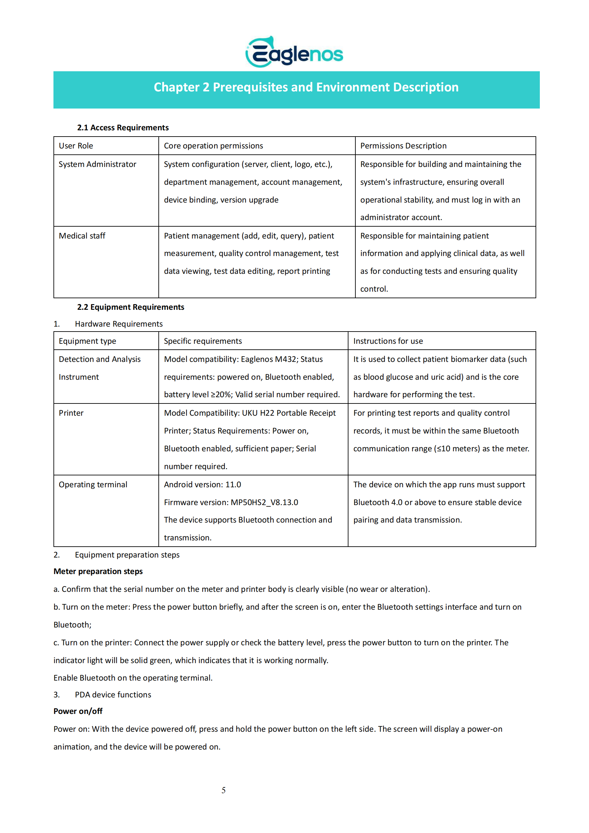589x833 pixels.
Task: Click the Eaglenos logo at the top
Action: coord(294,52)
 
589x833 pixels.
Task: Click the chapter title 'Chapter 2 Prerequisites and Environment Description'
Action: coord(306,87)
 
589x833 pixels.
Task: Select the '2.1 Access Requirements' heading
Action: coord(123,128)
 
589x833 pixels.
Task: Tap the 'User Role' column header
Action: coord(76,146)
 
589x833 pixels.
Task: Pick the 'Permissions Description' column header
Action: coord(403,146)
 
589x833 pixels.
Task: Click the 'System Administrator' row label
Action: coord(97,164)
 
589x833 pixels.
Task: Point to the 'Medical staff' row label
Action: coord(82,236)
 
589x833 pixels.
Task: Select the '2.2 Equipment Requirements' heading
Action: coord(131,307)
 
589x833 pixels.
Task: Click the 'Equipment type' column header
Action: coord(87,341)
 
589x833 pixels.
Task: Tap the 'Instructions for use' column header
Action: coord(388,341)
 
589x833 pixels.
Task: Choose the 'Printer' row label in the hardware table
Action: coord(71,413)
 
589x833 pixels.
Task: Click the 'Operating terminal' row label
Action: coord(93,485)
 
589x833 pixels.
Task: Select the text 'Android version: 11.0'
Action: coord(203,485)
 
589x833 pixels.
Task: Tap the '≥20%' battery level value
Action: coord(221,395)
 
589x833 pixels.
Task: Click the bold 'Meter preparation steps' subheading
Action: coord(98,571)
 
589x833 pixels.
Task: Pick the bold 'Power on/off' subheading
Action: coord(78,711)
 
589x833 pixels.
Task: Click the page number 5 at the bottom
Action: coord(223,790)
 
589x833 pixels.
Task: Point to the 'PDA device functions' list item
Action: coord(113,695)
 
